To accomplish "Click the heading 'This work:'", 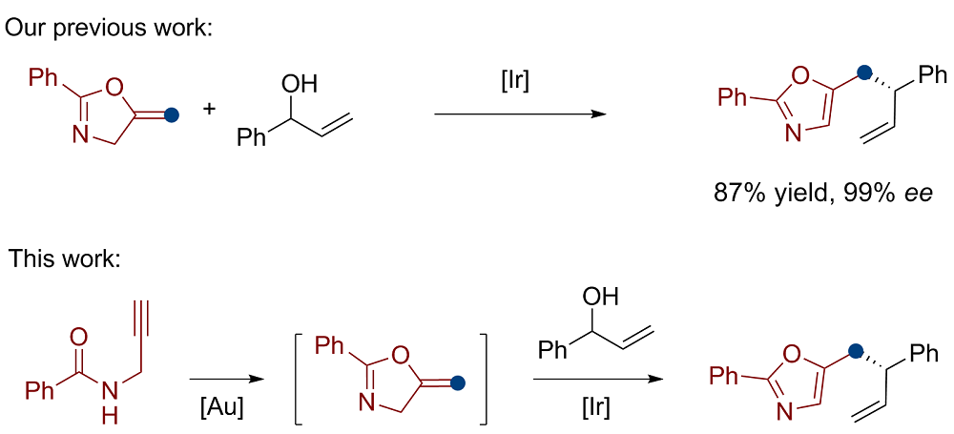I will [x=65, y=258].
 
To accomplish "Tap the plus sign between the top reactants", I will [x=210, y=109].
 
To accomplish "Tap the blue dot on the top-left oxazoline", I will [x=172, y=116].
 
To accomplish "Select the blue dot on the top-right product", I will [x=864, y=72].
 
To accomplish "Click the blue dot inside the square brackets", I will [x=458, y=383].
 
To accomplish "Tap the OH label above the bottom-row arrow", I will [x=599, y=297].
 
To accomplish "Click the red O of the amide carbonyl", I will [x=79, y=337].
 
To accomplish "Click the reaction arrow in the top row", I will [x=520, y=114].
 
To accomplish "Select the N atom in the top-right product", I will [x=792, y=134].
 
